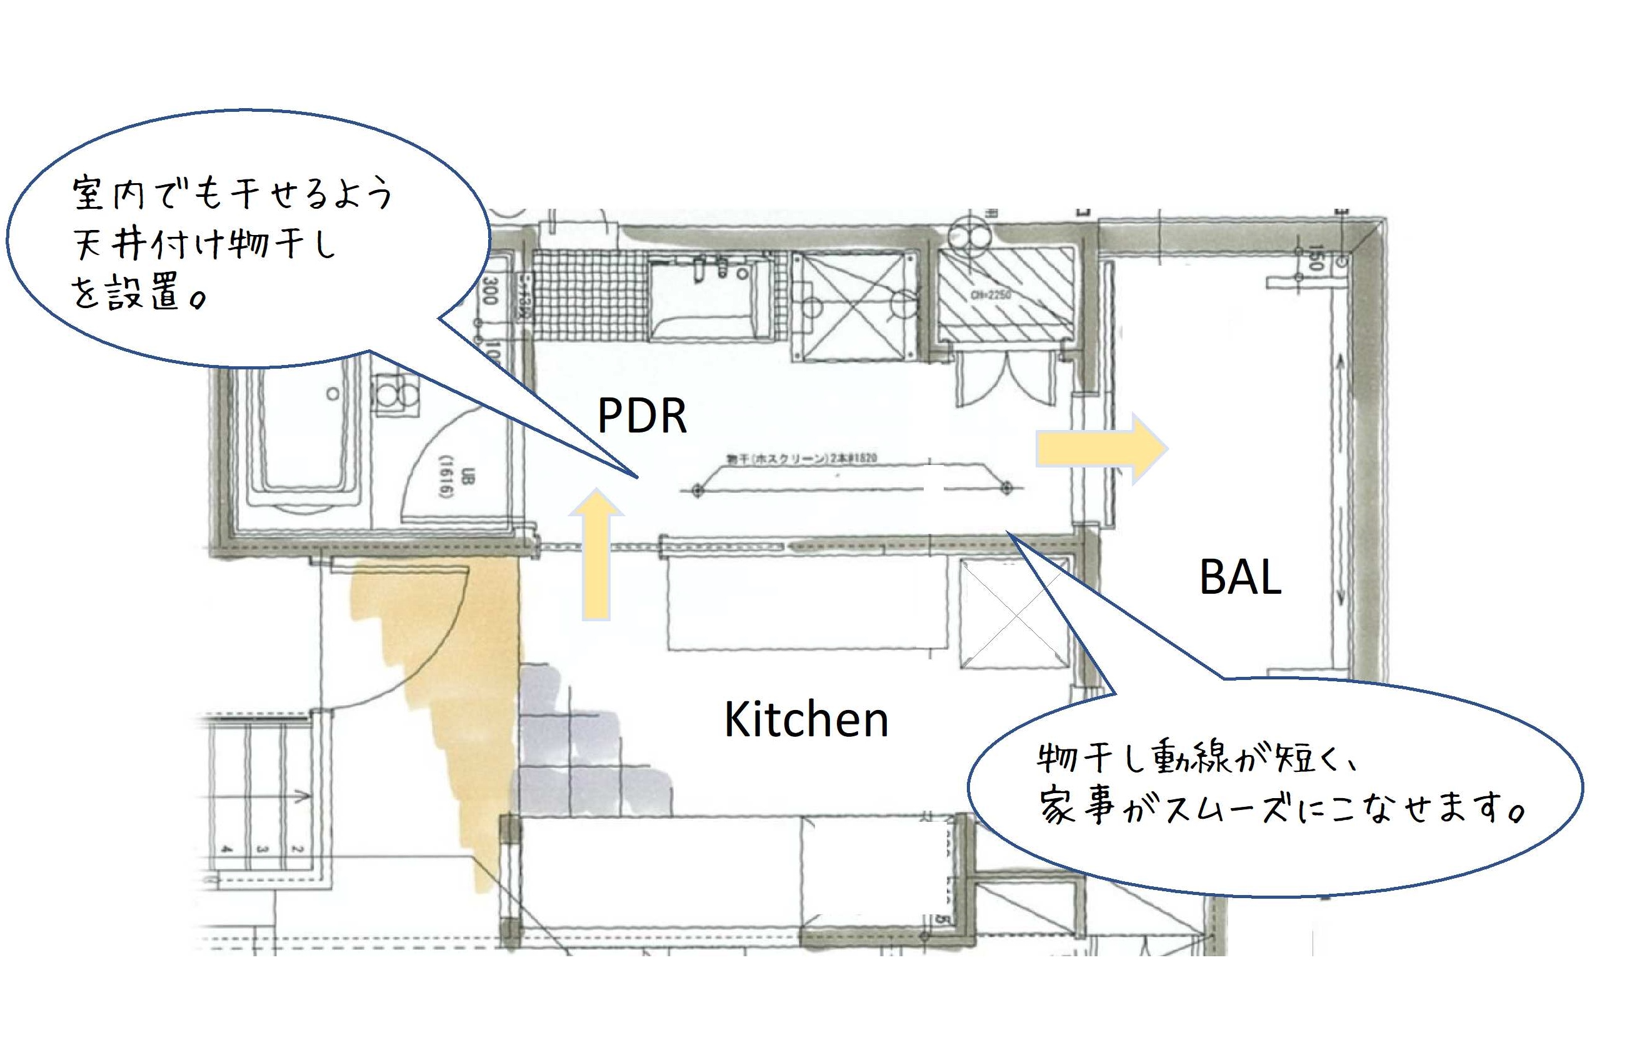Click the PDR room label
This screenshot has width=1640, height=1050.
point(641,415)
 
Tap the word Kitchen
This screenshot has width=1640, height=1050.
point(806,720)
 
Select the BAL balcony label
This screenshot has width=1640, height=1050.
point(1240,577)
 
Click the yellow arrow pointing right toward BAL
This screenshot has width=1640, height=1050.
point(1101,449)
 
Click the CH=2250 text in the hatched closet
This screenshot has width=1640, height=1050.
point(991,294)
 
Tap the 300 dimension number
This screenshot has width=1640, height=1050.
point(489,291)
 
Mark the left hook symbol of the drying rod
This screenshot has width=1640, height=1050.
point(697,489)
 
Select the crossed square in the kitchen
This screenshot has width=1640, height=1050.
point(1014,614)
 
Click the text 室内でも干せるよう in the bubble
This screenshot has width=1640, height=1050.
point(232,194)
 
